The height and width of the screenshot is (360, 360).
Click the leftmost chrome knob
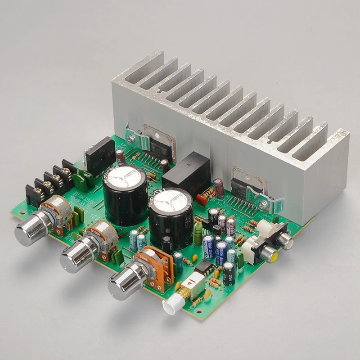[x=28, y=231]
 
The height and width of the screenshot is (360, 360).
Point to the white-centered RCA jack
[x=284, y=242]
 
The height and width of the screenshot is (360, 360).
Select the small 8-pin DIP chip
[x=206, y=266]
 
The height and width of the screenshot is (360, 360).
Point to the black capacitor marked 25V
[x=229, y=273]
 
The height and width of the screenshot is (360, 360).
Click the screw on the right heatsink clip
[x=264, y=204]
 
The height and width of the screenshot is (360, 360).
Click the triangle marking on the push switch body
[x=190, y=284]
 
